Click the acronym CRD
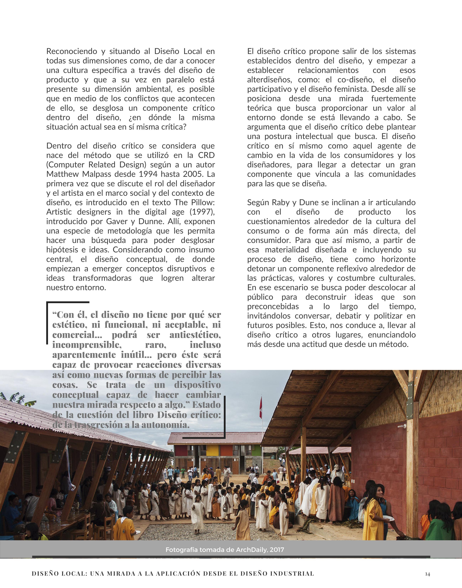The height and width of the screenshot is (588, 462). [206, 155]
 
